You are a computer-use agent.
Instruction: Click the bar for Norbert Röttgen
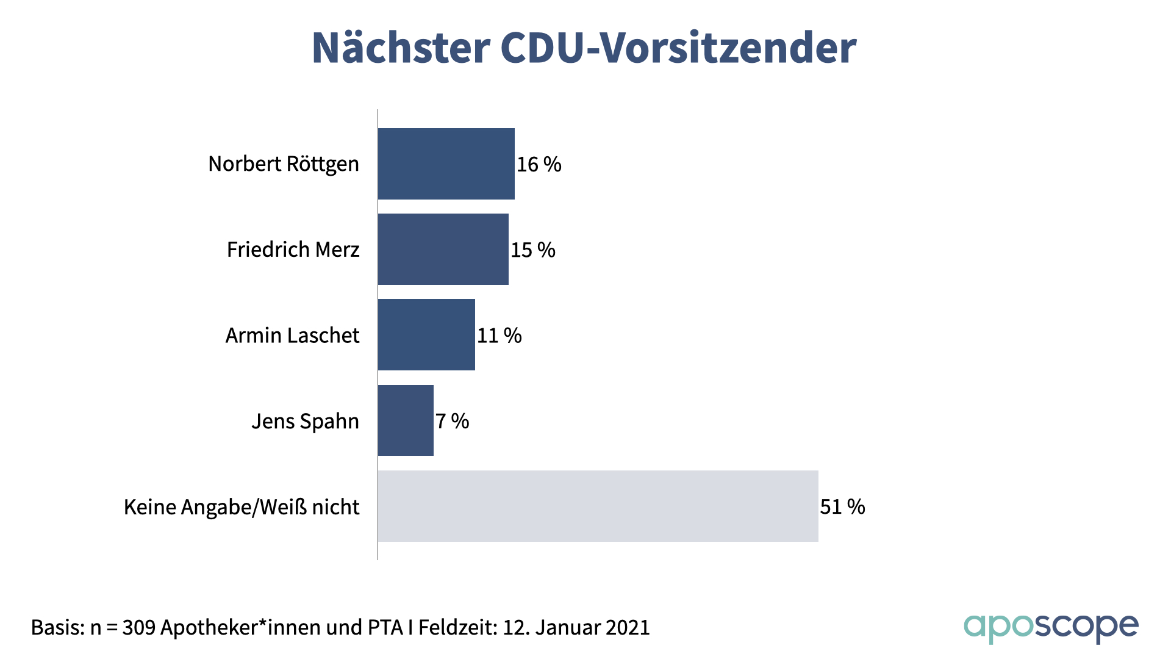point(446,164)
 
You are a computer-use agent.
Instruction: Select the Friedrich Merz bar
point(443,249)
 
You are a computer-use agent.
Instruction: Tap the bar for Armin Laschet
point(426,334)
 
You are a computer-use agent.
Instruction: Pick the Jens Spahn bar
point(406,420)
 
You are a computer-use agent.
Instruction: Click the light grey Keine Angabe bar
point(598,506)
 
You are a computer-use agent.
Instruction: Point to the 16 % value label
point(539,164)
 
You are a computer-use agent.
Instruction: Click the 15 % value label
point(533,250)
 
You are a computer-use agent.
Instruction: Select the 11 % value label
point(500,336)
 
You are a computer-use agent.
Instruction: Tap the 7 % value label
point(452,421)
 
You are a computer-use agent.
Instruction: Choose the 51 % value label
point(842,506)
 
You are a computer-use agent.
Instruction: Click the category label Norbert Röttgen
point(284,164)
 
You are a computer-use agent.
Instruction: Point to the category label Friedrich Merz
point(293,250)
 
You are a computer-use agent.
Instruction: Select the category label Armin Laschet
point(292,336)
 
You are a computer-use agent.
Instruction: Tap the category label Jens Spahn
point(305,421)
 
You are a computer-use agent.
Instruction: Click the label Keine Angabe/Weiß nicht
point(242,507)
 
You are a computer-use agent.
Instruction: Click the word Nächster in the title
point(401,48)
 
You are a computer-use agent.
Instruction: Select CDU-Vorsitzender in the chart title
point(678,48)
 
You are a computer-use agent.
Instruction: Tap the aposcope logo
point(1051,627)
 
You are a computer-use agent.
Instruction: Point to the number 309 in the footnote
point(139,627)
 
